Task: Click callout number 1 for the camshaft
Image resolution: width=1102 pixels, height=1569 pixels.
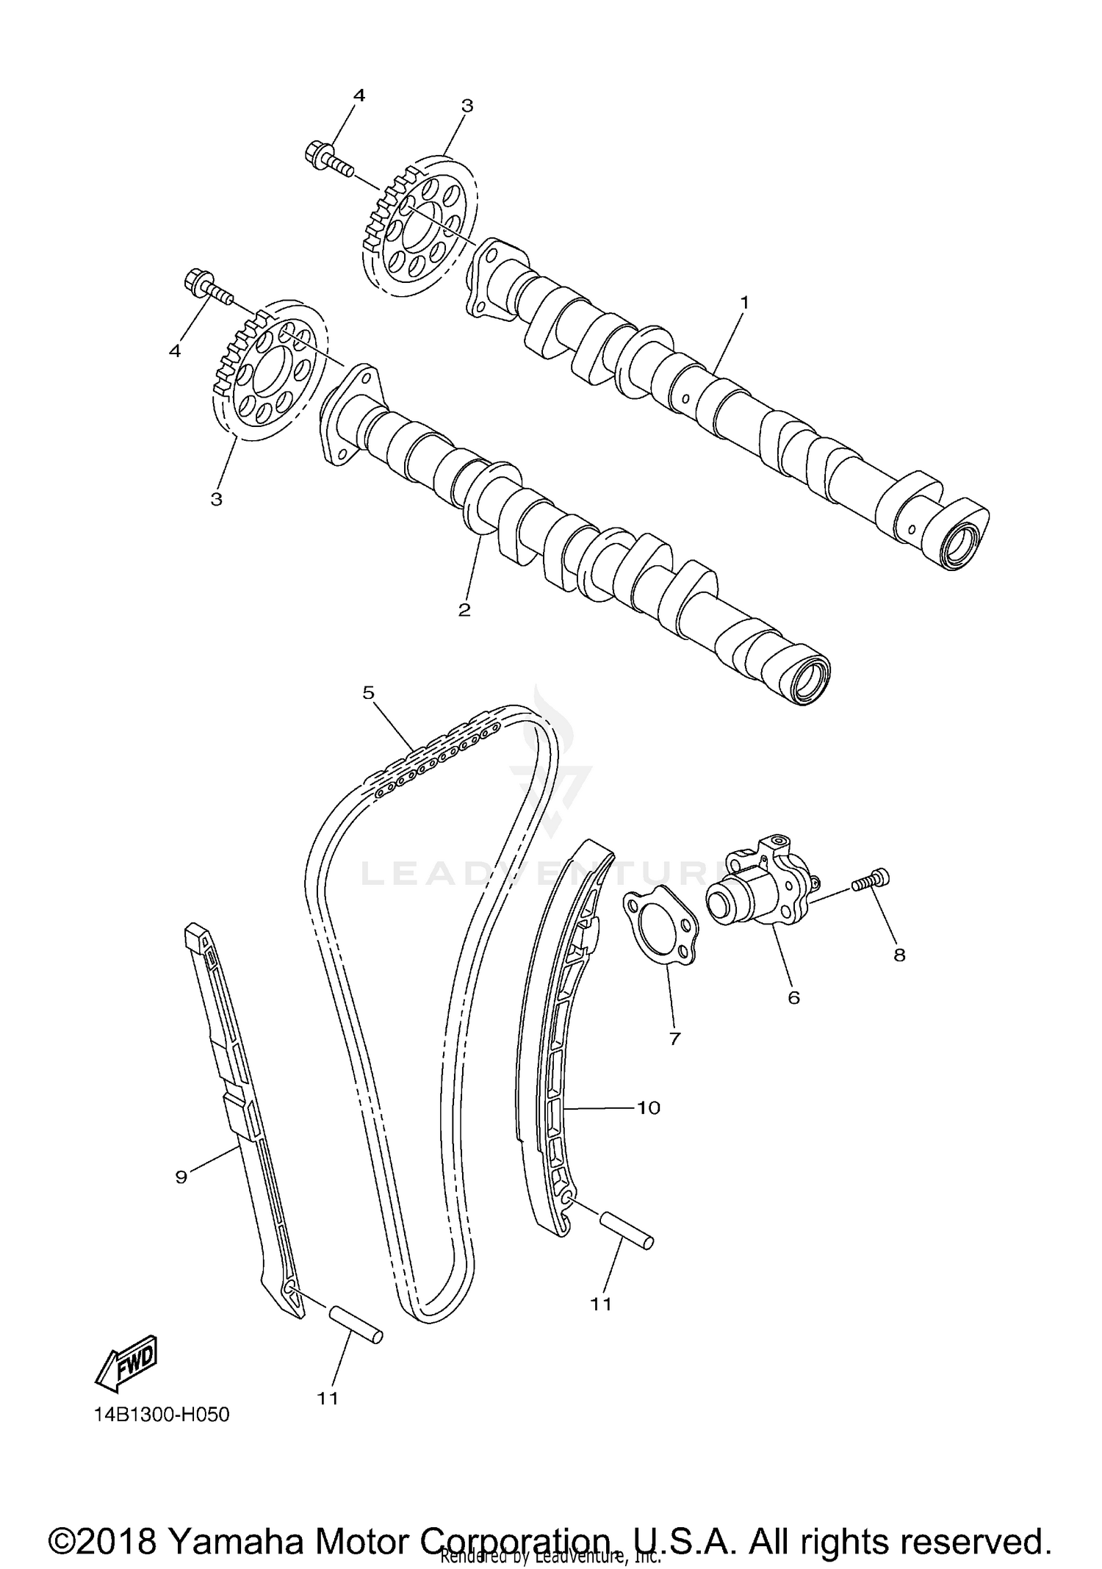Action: pyautogui.click(x=744, y=301)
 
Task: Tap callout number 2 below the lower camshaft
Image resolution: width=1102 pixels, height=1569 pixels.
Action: pyautogui.click(x=464, y=609)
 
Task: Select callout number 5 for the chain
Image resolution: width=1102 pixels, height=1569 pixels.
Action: pyautogui.click(x=368, y=692)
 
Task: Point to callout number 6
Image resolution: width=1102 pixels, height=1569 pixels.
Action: pyautogui.click(x=793, y=997)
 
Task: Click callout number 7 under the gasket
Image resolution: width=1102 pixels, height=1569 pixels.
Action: pyautogui.click(x=674, y=1038)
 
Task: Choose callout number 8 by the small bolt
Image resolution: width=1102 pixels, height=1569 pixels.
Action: pyautogui.click(x=899, y=955)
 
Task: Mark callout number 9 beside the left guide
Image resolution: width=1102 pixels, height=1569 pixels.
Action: pyautogui.click(x=181, y=1177)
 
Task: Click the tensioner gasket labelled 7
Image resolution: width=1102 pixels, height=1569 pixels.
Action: pyautogui.click(x=661, y=924)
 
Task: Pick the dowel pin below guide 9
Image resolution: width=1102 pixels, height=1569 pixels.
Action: pyautogui.click(x=355, y=1324)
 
